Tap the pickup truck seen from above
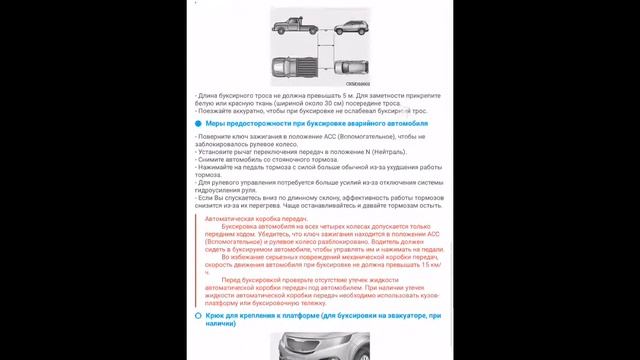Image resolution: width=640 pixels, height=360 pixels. coord(296,67)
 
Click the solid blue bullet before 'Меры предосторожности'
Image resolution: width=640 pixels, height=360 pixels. coord(198,123)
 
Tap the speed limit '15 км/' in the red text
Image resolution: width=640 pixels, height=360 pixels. coord(433,265)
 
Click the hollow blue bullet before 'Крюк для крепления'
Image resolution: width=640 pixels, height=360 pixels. coord(198,316)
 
